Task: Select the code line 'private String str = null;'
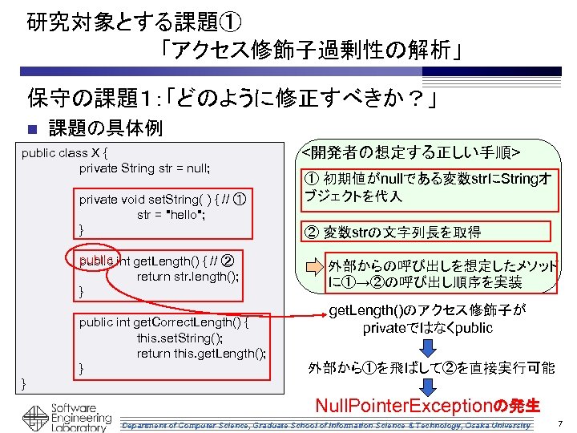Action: tap(144, 168)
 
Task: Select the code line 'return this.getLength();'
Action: tap(201, 353)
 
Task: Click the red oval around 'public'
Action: tap(96, 261)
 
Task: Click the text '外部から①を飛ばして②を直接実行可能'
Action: tap(430, 368)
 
